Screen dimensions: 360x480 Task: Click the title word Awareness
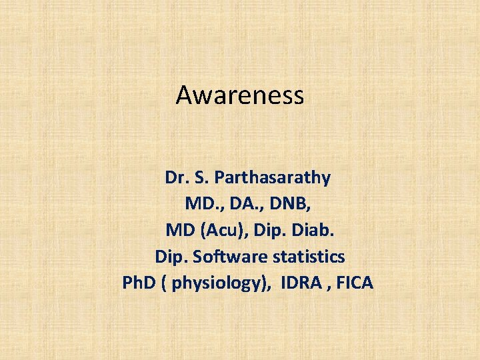coord(240,95)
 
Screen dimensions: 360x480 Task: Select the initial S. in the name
coord(201,178)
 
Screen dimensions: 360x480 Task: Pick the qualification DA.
coord(237,204)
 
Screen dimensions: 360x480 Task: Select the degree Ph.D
coord(138,283)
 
